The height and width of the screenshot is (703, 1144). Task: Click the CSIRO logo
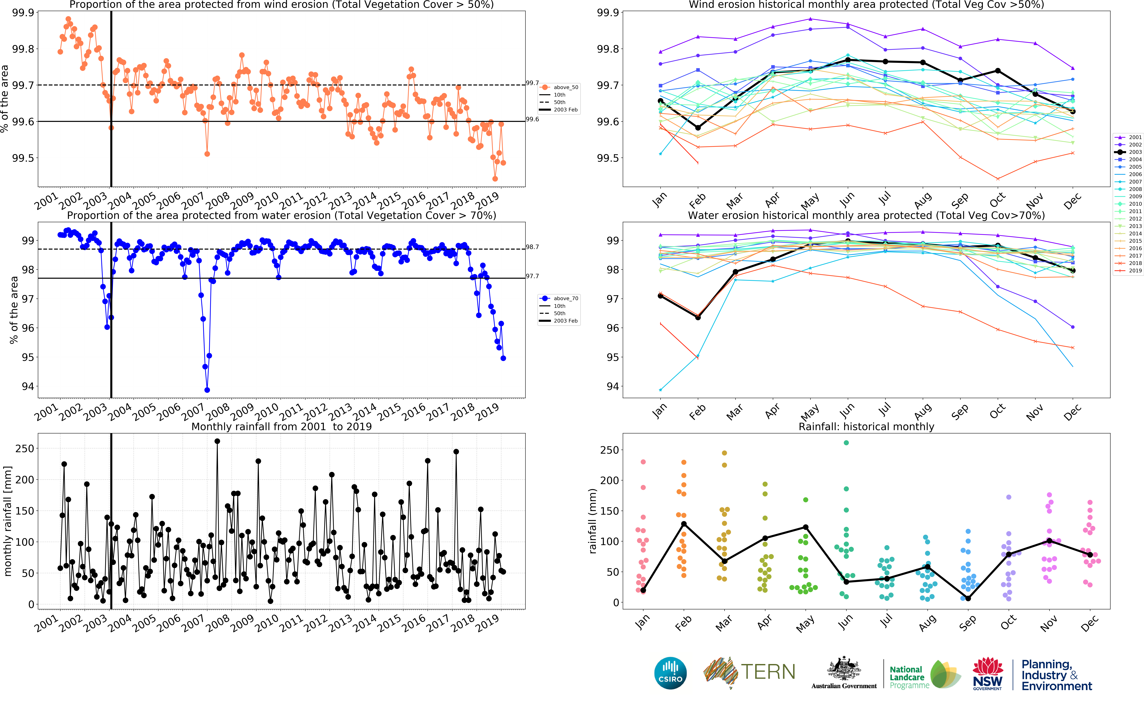(x=670, y=673)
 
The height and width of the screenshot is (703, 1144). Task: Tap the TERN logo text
(x=768, y=672)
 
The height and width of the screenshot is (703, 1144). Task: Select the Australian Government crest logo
(x=844, y=673)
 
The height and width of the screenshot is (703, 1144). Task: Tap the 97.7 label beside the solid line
(x=532, y=276)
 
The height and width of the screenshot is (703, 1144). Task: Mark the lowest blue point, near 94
(x=207, y=390)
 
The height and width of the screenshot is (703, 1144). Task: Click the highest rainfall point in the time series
(x=217, y=441)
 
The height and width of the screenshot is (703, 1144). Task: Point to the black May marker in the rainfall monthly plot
(x=806, y=527)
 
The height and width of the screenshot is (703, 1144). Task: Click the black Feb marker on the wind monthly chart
(x=698, y=128)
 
